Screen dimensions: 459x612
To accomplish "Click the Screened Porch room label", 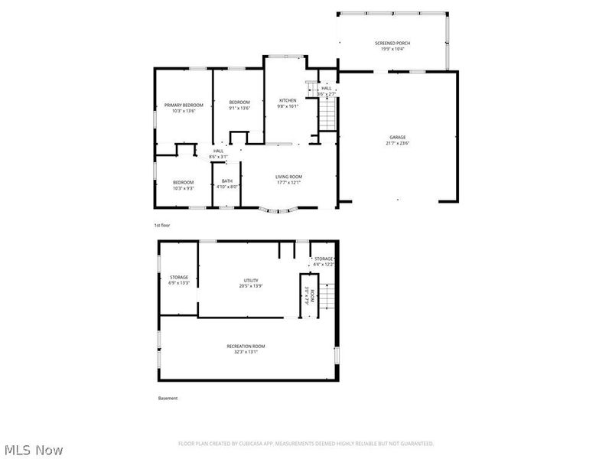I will (392, 43).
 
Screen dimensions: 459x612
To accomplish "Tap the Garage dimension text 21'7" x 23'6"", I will (398, 143).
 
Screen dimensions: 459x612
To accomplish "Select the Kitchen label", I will (288, 101).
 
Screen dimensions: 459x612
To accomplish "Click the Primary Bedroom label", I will (184, 105).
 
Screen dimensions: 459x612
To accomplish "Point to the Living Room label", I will (288, 177).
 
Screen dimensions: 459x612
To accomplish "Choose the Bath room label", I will (227, 181).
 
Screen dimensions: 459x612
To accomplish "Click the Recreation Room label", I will (246, 347).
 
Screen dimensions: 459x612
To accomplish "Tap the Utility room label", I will (251, 281).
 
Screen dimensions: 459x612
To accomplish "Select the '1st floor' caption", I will (161, 225).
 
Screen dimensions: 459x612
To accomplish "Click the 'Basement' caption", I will (168, 398).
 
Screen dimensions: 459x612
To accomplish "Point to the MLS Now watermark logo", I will (33, 450).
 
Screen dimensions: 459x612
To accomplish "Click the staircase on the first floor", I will (327, 115).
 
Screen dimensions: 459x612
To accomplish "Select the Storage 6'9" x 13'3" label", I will (179, 277).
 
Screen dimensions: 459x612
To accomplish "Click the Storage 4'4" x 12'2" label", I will (324, 259).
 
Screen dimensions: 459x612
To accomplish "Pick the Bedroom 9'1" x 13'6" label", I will (239, 103).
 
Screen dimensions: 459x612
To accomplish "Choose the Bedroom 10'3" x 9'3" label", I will (183, 182).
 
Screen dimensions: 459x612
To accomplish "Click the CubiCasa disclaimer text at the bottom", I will (306, 444).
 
